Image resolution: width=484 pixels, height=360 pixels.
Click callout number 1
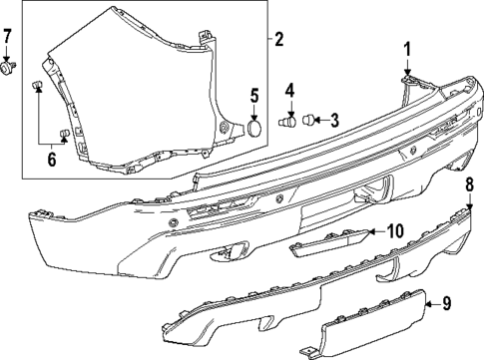point(407,48)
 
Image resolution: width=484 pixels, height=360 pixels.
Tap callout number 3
point(333,121)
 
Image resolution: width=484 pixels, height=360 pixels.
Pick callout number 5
point(254,96)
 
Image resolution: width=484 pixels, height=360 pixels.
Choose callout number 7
point(8,39)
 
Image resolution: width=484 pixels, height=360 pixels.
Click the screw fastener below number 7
point(9,69)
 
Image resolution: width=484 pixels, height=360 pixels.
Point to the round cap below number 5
point(254,128)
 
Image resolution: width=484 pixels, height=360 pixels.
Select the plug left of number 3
point(308,122)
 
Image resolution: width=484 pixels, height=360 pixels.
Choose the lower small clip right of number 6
point(68,133)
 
